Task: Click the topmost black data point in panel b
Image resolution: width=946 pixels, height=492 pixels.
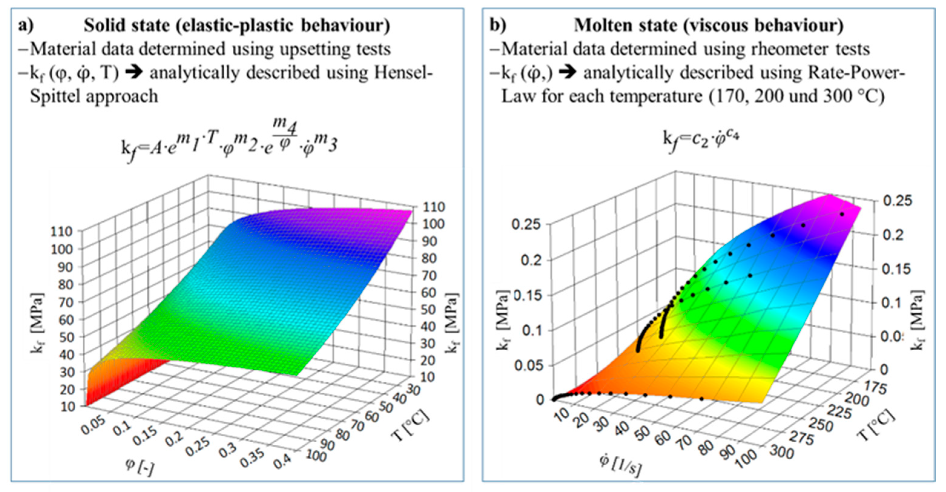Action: [x=842, y=214]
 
